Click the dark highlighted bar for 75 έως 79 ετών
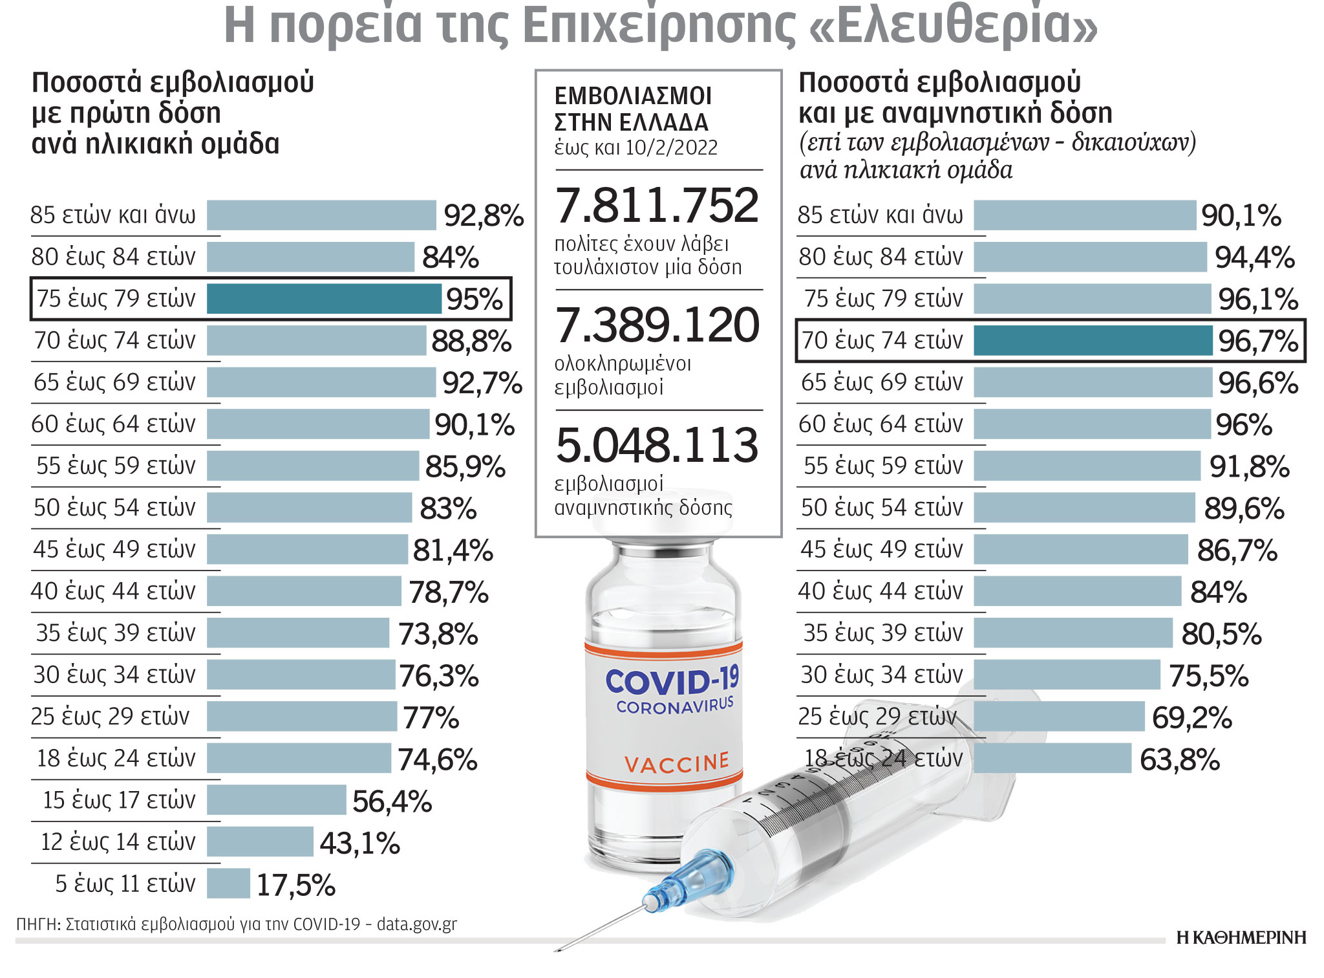tap(323, 299)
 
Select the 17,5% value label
tap(295, 885)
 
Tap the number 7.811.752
tap(657, 206)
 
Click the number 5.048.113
tap(657, 446)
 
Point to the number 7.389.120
tap(657, 325)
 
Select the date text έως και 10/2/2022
tap(635, 147)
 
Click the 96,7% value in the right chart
tap(1257, 341)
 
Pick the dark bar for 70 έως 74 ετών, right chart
tap(1093, 341)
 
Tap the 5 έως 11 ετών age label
tap(125, 884)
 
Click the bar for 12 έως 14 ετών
tap(260, 842)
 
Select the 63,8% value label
tap(1179, 759)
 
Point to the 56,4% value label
tap(392, 801)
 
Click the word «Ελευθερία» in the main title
tap(953, 25)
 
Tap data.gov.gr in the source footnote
tap(416, 924)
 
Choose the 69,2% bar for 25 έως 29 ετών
tap(1059, 717)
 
